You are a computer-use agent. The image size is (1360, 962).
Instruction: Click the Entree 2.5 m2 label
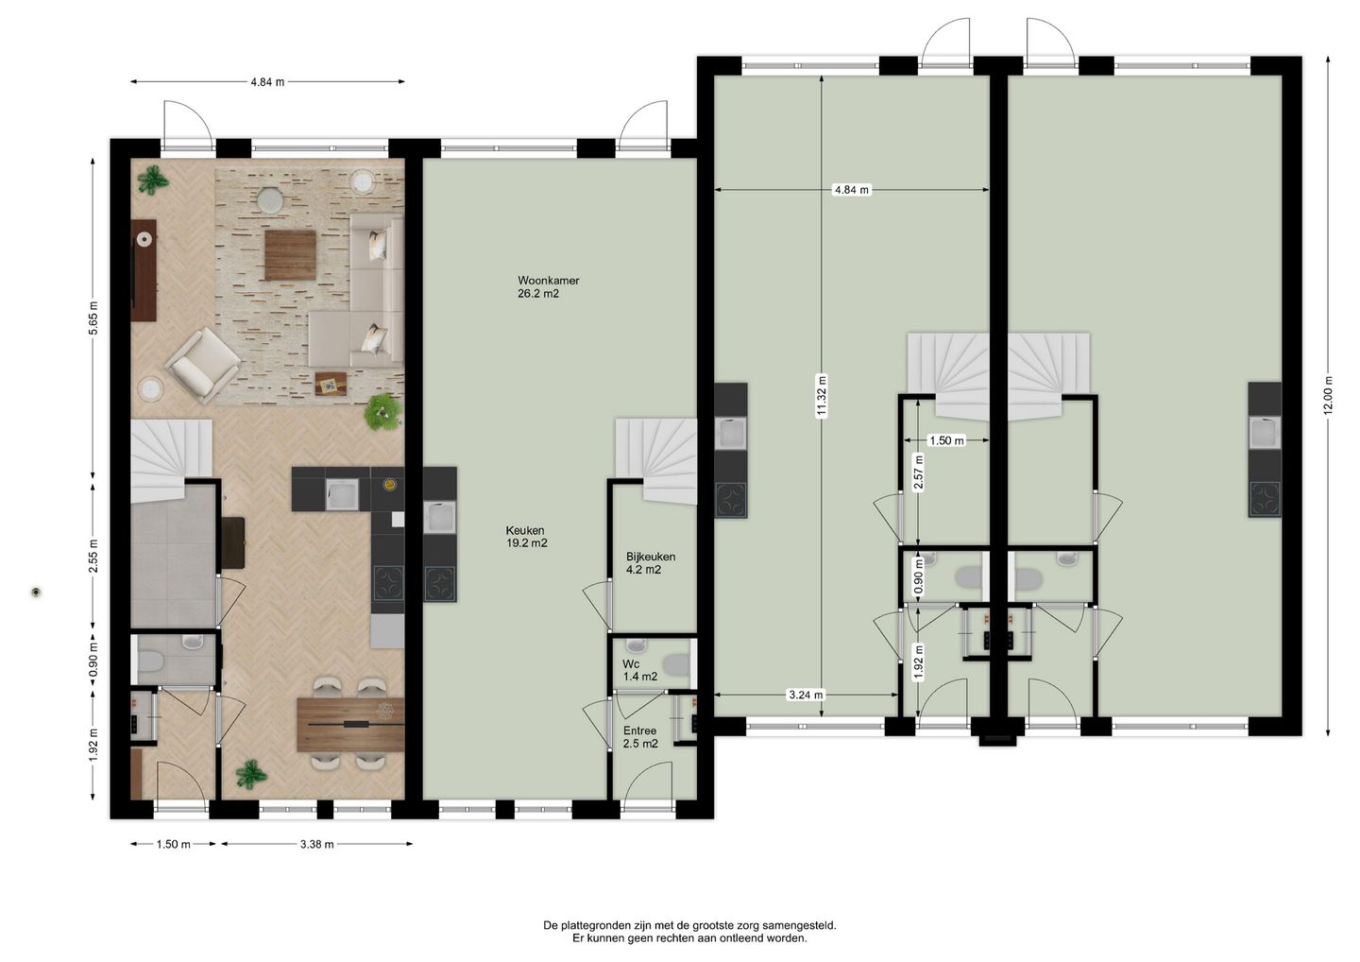(x=639, y=737)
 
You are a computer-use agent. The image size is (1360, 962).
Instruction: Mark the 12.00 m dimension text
(x=1329, y=395)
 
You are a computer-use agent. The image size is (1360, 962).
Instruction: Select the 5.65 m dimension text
(x=93, y=318)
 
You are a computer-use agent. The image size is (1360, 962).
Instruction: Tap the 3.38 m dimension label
(x=316, y=845)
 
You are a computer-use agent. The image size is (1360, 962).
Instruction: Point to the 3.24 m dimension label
(x=805, y=695)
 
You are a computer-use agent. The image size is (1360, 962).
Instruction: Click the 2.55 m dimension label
(x=93, y=557)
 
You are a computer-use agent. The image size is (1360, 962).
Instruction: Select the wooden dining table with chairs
(x=349, y=724)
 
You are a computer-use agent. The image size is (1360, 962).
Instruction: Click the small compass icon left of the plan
(x=36, y=593)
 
